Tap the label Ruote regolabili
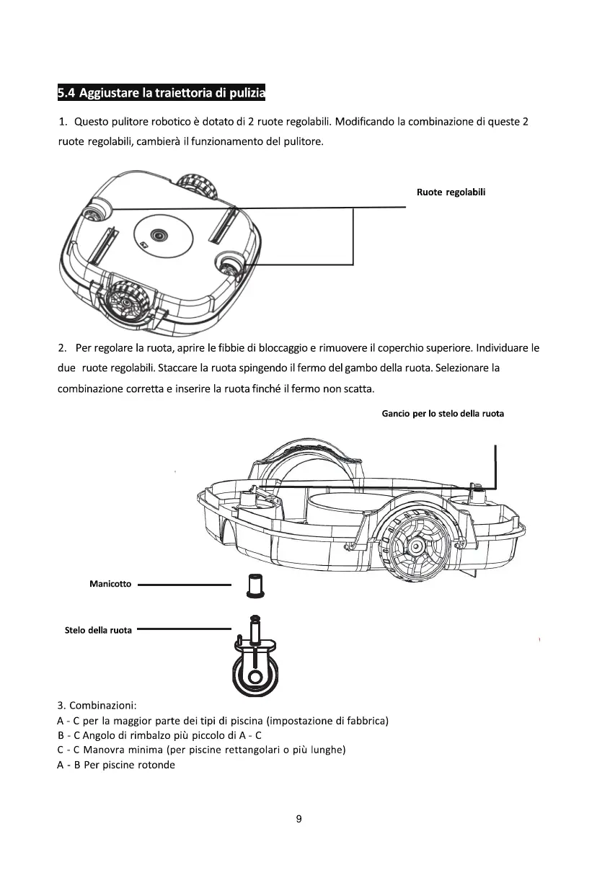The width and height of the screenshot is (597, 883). pos(451,192)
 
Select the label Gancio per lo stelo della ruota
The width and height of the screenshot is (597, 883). pos(442,414)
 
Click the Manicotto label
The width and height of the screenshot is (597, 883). pos(110,584)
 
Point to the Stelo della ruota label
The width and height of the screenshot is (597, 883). pos(99,630)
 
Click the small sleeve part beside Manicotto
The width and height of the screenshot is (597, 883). pos(253,585)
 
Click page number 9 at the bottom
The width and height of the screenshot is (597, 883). pos(298,819)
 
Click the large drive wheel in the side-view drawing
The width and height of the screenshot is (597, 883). pos(415,546)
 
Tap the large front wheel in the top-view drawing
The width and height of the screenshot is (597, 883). pos(128,303)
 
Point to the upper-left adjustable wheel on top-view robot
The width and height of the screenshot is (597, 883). pos(94,213)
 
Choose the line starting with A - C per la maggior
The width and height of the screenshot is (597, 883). pos(223,720)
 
